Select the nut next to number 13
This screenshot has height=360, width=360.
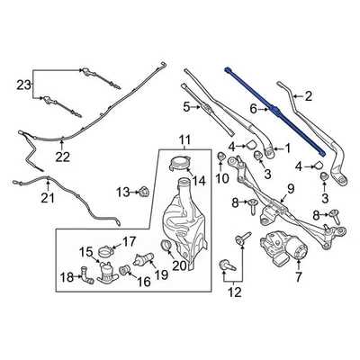[x=142, y=191]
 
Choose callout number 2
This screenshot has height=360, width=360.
[x=308, y=95]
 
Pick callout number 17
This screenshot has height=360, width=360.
[x=129, y=240]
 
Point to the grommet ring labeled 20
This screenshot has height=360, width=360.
[x=166, y=245]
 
